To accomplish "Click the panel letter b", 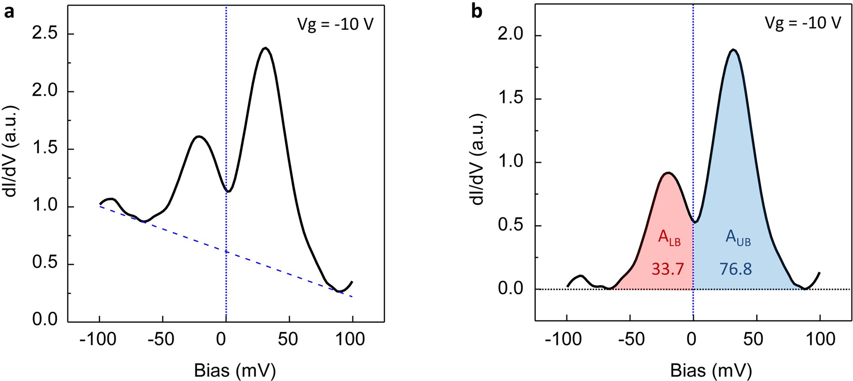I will pyautogui.click(x=476, y=12).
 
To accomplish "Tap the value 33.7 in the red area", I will pyautogui.click(x=668, y=269).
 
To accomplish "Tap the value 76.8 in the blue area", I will pyautogui.click(x=736, y=269).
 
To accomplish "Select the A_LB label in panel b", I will pyautogui.click(x=669, y=237).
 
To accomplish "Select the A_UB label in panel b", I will pyautogui.click(x=738, y=237).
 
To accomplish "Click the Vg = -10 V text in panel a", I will pyautogui.click(x=335, y=24).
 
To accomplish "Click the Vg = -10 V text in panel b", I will pyautogui.click(x=803, y=23).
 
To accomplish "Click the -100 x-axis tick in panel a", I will pyautogui.click(x=98, y=339).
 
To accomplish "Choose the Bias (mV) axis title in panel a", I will pyautogui.click(x=234, y=370).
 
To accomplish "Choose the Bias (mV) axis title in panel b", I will pyautogui.click(x=711, y=370).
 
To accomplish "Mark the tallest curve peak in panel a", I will pyautogui.click(x=266, y=48).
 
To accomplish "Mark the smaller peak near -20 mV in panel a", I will pyautogui.click(x=199, y=136).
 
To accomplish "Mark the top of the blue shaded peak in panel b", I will pyautogui.click(x=734, y=50).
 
